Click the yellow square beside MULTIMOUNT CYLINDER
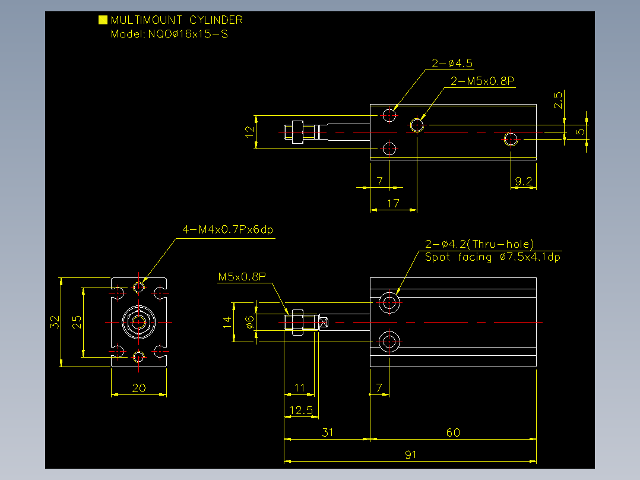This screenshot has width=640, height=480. coord(103,20)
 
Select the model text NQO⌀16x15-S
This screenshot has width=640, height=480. coord(188,34)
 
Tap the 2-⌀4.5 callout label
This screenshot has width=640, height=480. coord(452,64)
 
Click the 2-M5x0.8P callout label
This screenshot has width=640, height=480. coord(482,81)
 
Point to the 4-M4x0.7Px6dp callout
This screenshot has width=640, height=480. coord(228,229)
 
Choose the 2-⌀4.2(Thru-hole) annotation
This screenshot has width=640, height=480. coord(479,244)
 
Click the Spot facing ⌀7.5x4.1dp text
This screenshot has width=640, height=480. coord(492,257)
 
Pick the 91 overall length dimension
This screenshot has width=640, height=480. coord(411,454)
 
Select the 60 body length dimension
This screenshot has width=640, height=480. coord(453,432)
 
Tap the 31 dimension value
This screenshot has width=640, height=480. coord(328,432)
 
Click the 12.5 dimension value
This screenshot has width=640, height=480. coord(301,410)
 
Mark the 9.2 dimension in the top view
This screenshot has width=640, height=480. coord(523,181)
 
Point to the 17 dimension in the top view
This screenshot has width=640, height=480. coord(393,203)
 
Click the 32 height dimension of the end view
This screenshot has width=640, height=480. coord(55,322)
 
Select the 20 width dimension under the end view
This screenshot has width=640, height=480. coord(139,388)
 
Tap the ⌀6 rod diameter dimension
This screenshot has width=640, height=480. coord(250,322)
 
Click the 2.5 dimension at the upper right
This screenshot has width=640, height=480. coord(557,100)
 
